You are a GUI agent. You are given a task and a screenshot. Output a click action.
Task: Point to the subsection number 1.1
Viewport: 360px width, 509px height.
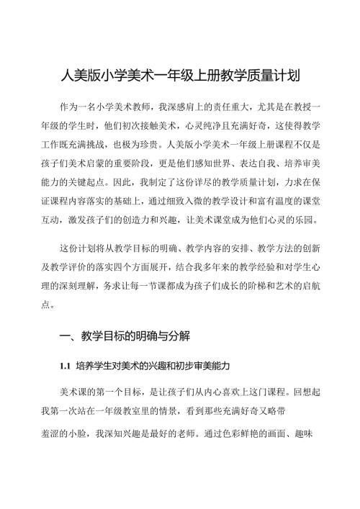68,366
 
